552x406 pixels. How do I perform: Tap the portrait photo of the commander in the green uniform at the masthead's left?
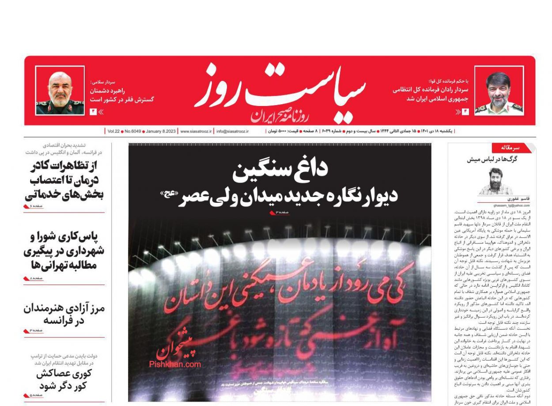pyautogui.click(x=60, y=91)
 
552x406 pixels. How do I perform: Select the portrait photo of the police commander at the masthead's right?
pyautogui.click(x=499, y=91)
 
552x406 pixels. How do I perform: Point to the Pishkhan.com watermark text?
pyautogui.click(x=175, y=364)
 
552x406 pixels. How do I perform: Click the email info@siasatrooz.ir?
pyautogui.click(x=232, y=131)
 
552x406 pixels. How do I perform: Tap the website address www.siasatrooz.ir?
pyautogui.click(x=196, y=131)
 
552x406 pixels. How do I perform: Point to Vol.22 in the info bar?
pyautogui.click(x=113, y=131)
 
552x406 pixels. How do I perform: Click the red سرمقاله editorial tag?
pyautogui.click(x=510, y=148)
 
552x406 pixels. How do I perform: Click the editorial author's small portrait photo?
pyautogui.click(x=495, y=181)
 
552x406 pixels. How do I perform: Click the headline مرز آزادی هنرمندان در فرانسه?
pyautogui.click(x=64, y=314)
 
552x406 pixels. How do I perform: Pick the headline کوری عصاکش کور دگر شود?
pyautogui.click(x=64, y=379)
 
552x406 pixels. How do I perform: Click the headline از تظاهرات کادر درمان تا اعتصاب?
pyautogui.click(x=64, y=180)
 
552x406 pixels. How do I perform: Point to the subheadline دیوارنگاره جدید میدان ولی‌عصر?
pyautogui.click(x=287, y=196)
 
